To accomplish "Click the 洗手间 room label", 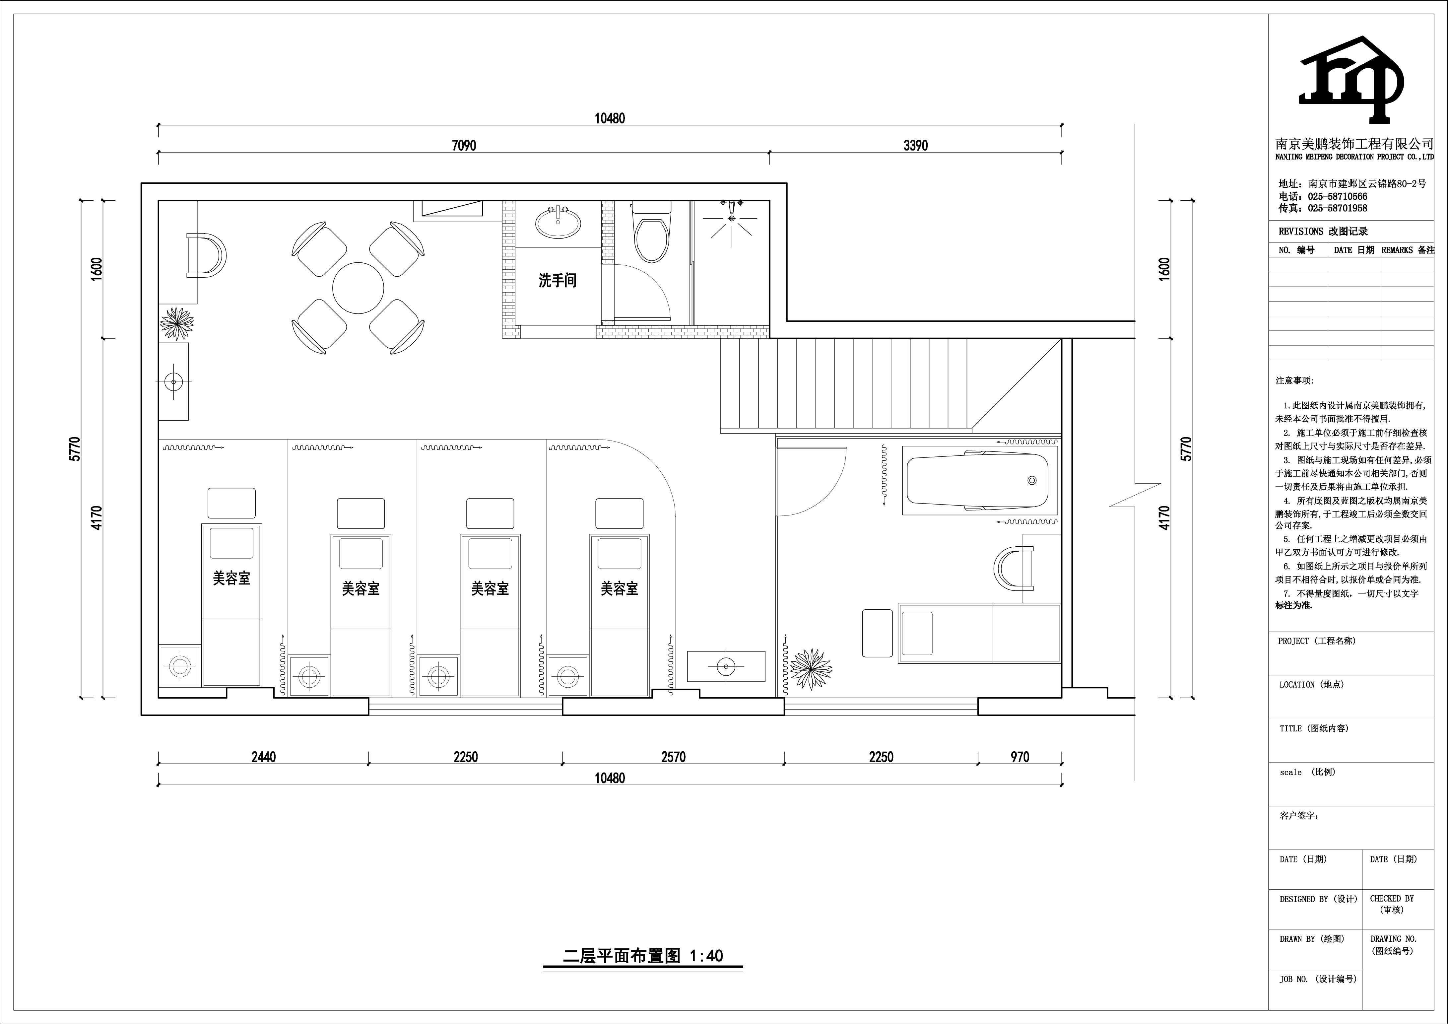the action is pos(558,280).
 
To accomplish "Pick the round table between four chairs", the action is pos(358,288).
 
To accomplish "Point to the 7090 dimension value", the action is pos(464,146).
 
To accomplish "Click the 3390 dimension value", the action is pos(916,146).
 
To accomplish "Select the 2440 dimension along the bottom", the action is pos(264,757).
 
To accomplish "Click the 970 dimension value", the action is pos(1020,757).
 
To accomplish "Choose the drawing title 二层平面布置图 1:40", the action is pos(643,956).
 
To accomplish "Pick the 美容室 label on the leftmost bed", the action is pos(231,578).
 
